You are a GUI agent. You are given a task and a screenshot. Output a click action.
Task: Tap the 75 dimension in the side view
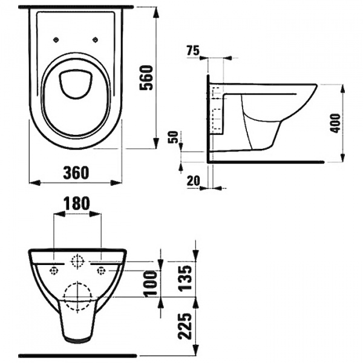tap(194, 51)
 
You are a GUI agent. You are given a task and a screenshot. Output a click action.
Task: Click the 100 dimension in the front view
tap(153, 283)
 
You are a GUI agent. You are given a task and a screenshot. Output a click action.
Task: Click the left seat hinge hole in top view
tap(56, 40)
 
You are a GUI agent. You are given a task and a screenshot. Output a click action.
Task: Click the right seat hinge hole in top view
tap(97, 40)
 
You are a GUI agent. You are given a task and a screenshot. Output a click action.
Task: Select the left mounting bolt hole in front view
tap(54, 268)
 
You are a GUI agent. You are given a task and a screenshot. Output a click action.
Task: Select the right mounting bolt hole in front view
tap(100, 268)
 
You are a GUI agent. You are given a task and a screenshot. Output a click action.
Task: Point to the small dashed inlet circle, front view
tap(77, 262)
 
